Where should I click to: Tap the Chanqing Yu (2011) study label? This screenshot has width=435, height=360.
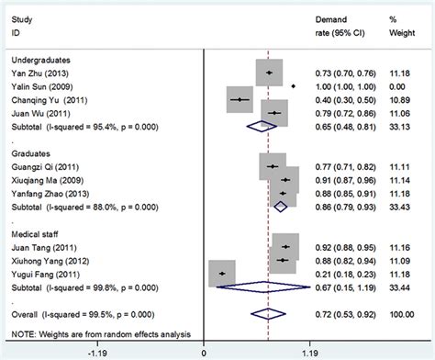pos(44,99)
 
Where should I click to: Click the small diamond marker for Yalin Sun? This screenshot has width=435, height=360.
pos(293,85)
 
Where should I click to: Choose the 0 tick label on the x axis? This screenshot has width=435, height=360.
pos(203,351)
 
